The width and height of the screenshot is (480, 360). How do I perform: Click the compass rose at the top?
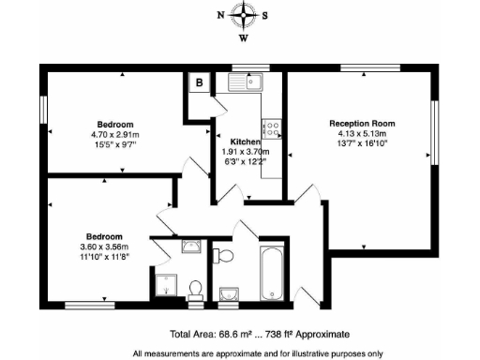(243, 15)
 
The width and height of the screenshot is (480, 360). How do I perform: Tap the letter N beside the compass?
(220, 16)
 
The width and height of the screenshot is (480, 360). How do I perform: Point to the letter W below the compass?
(243, 38)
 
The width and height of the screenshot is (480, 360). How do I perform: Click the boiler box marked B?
(199, 82)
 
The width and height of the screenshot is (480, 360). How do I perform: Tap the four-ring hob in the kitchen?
(274, 127)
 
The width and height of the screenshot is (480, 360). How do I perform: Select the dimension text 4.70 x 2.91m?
(114, 135)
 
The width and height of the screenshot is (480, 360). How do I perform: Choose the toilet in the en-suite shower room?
(195, 288)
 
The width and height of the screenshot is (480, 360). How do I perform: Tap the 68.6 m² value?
(233, 334)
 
